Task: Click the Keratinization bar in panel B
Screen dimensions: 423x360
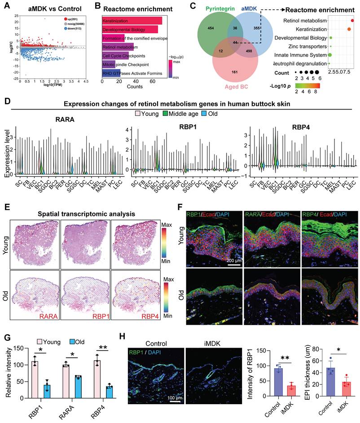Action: click(132, 21)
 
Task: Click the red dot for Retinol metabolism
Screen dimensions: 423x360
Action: click(353, 21)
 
